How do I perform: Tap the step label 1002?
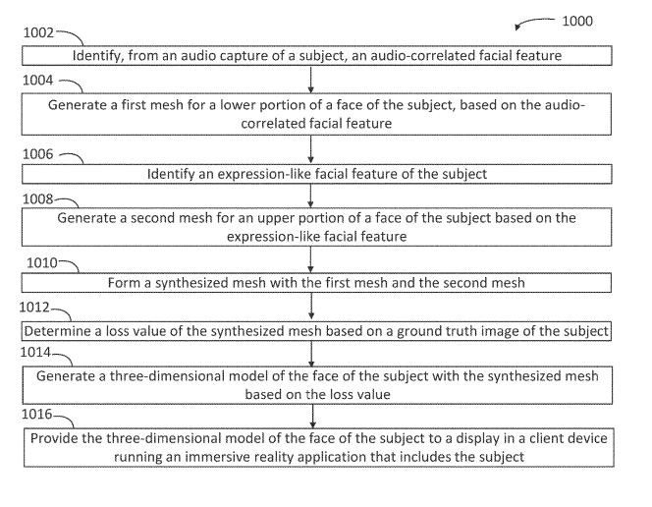tap(37, 32)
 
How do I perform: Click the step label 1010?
tap(38, 263)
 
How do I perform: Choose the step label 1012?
tap(37, 308)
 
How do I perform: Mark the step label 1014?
tap(37, 351)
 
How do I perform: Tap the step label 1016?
tap(38, 417)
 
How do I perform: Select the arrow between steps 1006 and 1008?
tap(311, 193)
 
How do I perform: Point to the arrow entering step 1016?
tap(311, 413)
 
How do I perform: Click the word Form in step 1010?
tap(123, 283)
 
